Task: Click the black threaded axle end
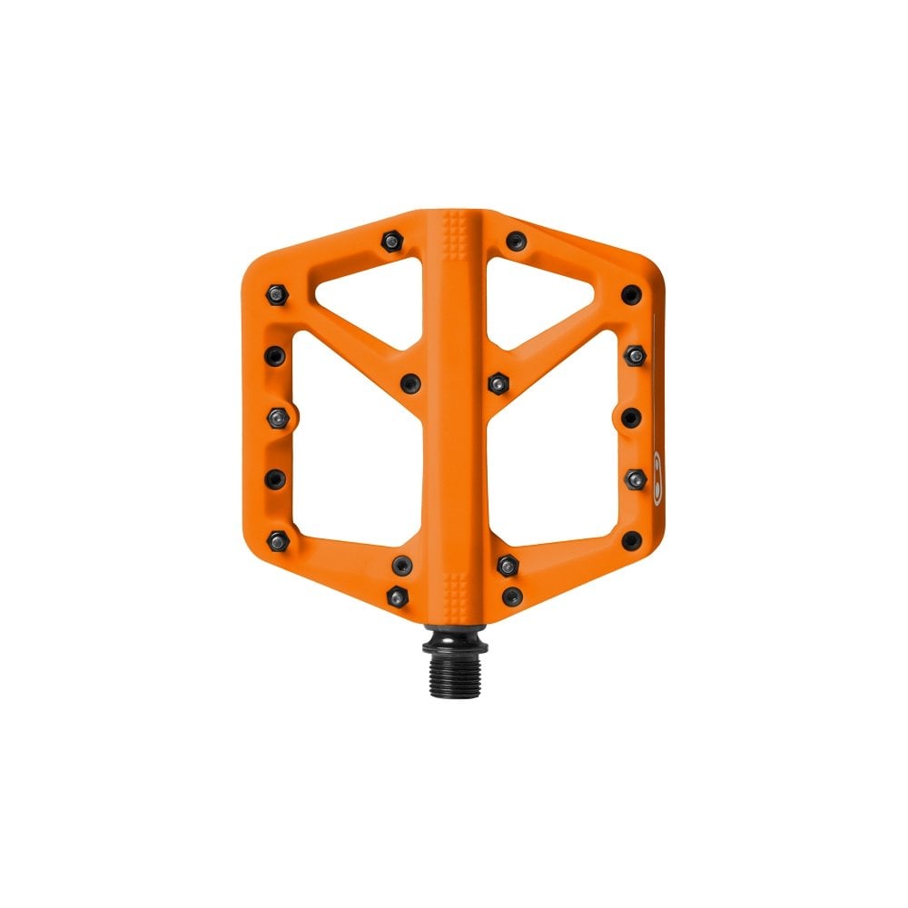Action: [x=454, y=646]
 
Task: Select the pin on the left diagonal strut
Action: [x=410, y=381]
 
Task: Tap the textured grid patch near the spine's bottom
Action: [x=455, y=582]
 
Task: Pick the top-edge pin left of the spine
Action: [x=391, y=241]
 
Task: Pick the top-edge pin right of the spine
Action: [x=516, y=241]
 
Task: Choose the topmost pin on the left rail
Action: [x=276, y=292]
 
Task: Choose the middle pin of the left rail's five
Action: [x=277, y=416]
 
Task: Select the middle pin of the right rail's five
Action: [x=632, y=416]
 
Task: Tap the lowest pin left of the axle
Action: [x=397, y=596]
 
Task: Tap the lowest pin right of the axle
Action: [x=512, y=596]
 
